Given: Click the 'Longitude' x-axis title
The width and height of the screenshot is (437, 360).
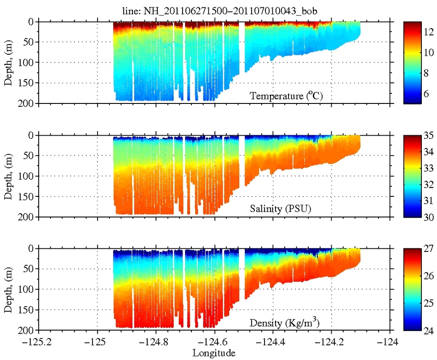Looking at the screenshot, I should pyautogui.click(x=214, y=353).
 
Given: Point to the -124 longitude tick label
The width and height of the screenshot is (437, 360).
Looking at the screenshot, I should pyautogui.click(x=390, y=343).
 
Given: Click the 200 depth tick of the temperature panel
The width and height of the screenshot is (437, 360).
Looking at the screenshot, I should pyautogui.click(x=29, y=103).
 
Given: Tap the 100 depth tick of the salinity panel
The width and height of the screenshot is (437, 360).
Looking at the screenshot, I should pyautogui.click(x=29, y=176).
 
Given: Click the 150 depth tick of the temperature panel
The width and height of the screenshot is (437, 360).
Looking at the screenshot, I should pyautogui.click(x=29, y=83).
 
